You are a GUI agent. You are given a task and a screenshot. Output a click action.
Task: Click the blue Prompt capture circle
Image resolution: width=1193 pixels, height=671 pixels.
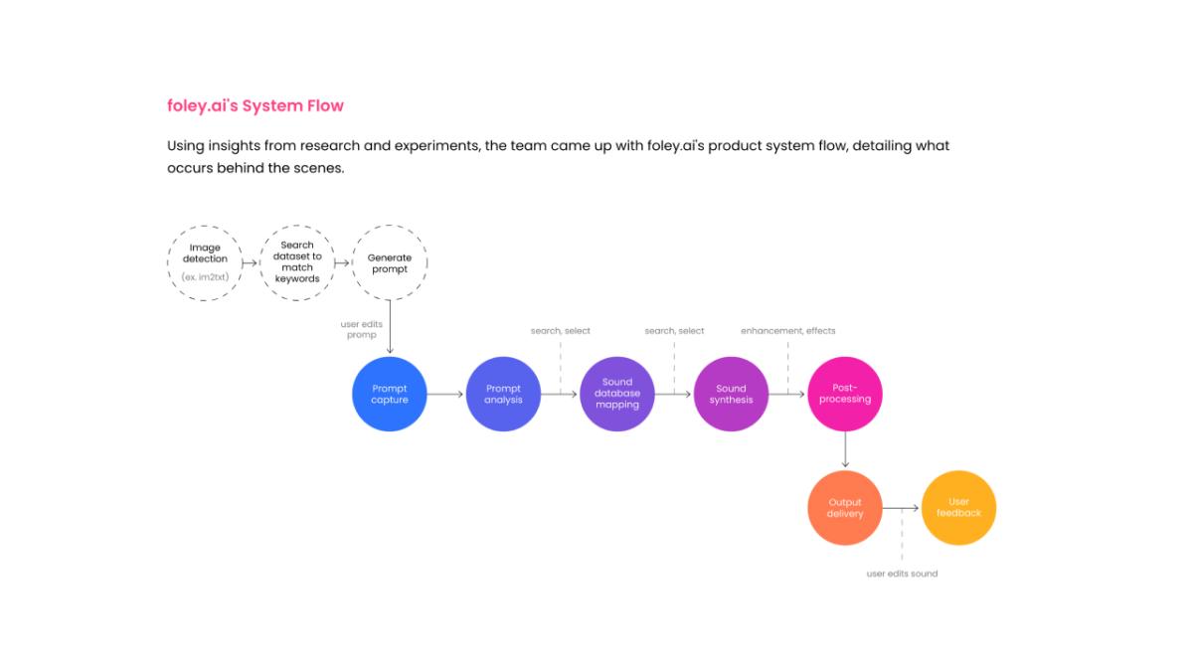[x=390, y=394]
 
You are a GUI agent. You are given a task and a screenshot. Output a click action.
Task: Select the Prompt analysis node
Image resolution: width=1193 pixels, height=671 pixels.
[x=503, y=394]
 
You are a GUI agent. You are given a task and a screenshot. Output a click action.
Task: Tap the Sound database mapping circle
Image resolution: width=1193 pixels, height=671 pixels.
[x=617, y=394]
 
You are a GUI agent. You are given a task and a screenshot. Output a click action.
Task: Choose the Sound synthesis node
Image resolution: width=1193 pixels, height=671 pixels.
[x=732, y=394]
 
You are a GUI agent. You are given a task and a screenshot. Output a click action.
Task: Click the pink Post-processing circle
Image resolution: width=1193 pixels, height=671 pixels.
[x=845, y=394]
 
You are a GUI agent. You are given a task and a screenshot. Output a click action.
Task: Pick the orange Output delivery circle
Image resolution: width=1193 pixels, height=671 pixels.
[x=845, y=508]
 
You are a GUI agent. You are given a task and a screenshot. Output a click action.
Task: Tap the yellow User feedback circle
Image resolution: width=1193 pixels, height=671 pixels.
[x=958, y=508]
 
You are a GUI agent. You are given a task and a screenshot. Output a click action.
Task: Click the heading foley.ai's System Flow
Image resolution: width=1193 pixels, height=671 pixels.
[x=256, y=105]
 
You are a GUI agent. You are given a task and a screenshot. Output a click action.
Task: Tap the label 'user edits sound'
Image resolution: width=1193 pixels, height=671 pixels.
[x=903, y=574]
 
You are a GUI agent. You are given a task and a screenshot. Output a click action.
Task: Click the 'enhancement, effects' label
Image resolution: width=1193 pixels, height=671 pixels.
[x=788, y=331]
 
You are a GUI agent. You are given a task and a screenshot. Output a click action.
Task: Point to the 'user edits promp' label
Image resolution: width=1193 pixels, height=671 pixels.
[x=362, y=329]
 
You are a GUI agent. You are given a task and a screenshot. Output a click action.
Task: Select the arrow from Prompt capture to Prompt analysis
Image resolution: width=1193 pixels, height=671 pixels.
[x=445, y=394]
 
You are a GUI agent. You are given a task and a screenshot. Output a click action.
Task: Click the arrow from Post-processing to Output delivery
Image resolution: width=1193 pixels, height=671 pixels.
[x=845, y=450]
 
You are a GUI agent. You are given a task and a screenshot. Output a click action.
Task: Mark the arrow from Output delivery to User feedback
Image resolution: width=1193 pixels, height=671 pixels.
[x=901, y=508]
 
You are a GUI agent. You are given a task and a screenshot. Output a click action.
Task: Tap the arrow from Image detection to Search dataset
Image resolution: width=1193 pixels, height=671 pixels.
[x=250, y=263]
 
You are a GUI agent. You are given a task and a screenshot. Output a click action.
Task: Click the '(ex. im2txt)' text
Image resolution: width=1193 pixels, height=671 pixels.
[x=205, y=277]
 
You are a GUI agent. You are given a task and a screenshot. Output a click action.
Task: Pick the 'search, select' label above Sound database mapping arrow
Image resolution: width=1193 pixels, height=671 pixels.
[x=561, y=331]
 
